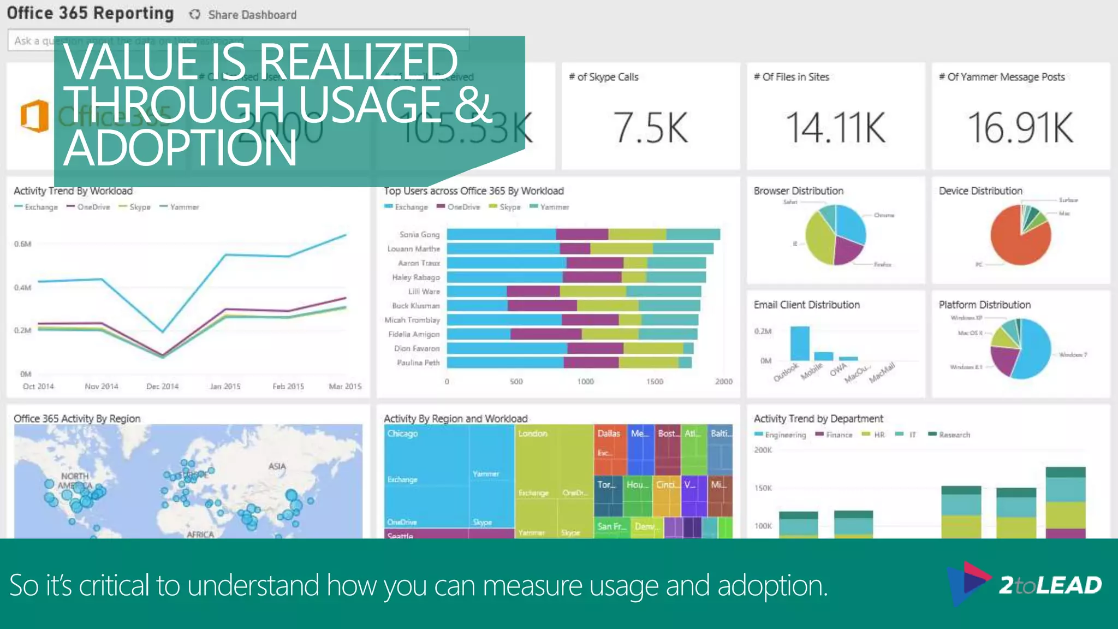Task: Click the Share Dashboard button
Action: click(243, 15)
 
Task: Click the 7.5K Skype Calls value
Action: click(650, 128)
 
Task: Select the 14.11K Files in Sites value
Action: click(835, 128)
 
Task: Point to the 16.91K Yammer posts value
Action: click(1020, 128)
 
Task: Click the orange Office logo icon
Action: click(34, 116)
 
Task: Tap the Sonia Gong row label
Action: click(419, 234)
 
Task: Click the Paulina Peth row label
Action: click(418, 363)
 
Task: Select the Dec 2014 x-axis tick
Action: click(162, 387)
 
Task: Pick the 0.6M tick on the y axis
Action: click(22, 244)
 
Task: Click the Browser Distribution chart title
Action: click(798, 191)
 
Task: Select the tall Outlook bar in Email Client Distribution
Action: click(800, 343)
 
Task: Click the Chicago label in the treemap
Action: click(402, 434)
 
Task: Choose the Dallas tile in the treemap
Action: click(609, 434)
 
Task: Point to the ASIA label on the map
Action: click(277, 466)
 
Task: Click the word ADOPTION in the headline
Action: click(180, 149)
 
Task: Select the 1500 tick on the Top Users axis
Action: click(655, 382)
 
